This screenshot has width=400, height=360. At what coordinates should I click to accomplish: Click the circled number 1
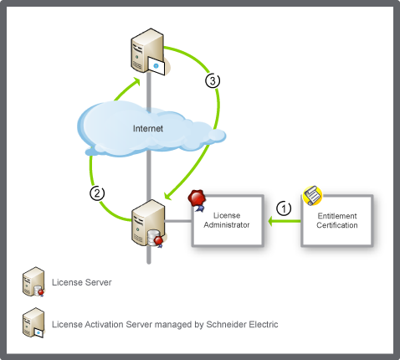pos(284,208)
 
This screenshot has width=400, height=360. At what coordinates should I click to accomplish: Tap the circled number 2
pos(97,193)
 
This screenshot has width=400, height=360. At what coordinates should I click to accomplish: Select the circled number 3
pos(213,80)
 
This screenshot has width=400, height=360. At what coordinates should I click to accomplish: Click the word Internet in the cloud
pos(148,128)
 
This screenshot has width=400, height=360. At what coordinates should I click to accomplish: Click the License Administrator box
pos(228,220)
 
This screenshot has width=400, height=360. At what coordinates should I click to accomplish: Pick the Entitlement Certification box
pos(337,220)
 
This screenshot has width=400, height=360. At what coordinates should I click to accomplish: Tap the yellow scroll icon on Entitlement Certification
pos(312,195)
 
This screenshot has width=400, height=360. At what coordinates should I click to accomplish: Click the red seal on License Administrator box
pos(197,200)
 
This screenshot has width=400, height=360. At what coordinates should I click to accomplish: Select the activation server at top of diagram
pos(148,51)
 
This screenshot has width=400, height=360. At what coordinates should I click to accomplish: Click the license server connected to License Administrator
pos(148,224)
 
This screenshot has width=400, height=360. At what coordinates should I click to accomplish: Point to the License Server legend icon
pos(33,282)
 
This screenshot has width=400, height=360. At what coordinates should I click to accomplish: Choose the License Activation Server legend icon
pos(33,322)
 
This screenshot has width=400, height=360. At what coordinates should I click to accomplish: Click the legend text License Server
pos(82,282)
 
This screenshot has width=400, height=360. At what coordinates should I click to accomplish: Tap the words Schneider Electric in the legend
pos(242,324)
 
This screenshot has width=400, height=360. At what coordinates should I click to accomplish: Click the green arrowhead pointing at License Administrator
pos(271,221)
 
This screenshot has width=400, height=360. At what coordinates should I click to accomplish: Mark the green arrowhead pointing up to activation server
pos(136,81)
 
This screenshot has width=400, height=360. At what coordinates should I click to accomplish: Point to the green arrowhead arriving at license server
pos(168,195)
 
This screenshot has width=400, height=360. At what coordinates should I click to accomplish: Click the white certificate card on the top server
pos(156,66)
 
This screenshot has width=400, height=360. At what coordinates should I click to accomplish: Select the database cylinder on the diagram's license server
pos(153,239)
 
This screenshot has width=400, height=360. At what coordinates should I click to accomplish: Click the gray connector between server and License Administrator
pos(178,221)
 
